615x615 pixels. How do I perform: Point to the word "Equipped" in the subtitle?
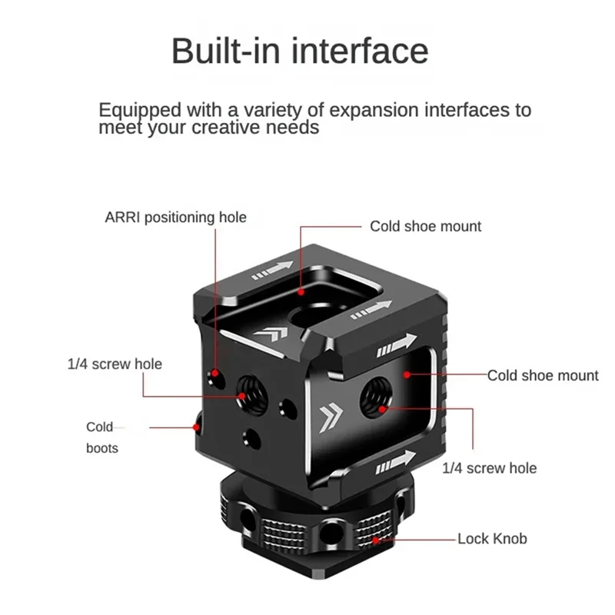[139, 110]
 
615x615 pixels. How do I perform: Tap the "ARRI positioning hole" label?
[175, 218]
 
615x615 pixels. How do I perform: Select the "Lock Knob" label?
[492, 539]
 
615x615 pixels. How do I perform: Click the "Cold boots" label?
[101, 437]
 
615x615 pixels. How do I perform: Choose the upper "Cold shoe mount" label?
[425, 226]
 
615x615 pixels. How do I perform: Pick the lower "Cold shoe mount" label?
[542, 376]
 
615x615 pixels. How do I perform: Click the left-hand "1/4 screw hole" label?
[115, 364]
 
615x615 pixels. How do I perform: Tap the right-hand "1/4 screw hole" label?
[489, 467]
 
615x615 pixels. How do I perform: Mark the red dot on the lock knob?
[376, 539]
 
